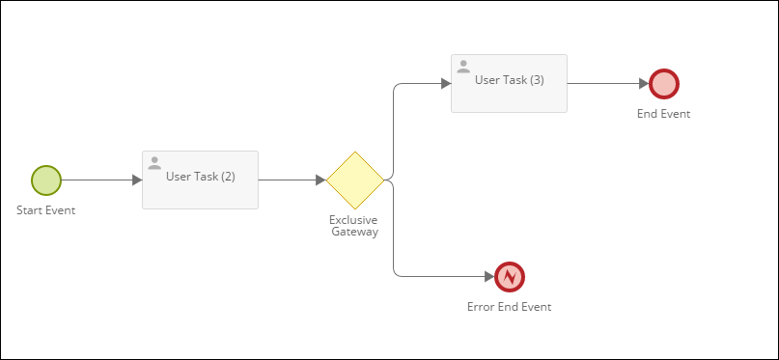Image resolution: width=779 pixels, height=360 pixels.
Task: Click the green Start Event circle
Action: click(46, 180)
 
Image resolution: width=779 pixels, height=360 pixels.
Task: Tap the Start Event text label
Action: click(46, 209)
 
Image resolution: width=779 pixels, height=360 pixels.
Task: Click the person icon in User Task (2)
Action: click(154, 163)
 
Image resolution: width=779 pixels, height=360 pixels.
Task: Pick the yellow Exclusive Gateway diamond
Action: click(355, 180)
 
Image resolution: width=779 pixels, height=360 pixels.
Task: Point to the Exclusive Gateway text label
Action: click(354, 225)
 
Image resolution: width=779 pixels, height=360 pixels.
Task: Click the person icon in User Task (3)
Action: click(463, 67)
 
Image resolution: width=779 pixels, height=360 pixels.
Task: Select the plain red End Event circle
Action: click(664, 84)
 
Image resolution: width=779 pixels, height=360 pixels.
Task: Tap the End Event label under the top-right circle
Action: click(664, 113)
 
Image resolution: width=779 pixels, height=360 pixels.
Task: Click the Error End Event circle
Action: click(510, 277)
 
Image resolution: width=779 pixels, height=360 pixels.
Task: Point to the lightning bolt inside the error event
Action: click(510, 277)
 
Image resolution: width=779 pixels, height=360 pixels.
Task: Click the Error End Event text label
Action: click(510, 307)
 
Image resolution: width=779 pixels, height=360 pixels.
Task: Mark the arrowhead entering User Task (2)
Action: click(137, 180)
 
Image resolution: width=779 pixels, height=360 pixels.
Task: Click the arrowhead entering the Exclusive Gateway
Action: click(320, 180)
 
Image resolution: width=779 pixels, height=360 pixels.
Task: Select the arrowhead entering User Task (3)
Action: click(446, 84)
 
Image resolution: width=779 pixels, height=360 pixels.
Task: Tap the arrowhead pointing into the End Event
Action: click(644, 84)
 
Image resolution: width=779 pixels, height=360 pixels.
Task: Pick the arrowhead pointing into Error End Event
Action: click(489, 277)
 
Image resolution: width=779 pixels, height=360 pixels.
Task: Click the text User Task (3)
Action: click(510, 80)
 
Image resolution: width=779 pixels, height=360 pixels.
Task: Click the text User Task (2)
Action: click(201, 177)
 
